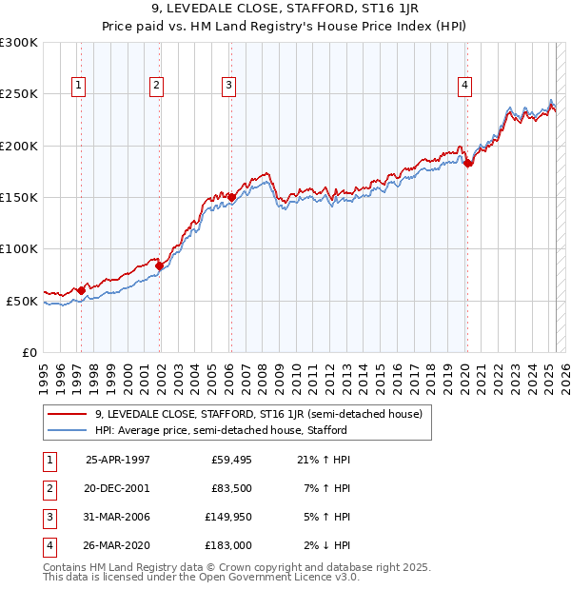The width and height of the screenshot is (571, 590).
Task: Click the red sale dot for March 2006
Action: pos(231,197)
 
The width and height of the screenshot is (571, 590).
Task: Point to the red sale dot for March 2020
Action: pos(467,163)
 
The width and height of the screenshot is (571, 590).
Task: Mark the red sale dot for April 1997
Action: pos(82,290)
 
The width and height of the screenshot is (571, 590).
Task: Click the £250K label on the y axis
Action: pos(19,94)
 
